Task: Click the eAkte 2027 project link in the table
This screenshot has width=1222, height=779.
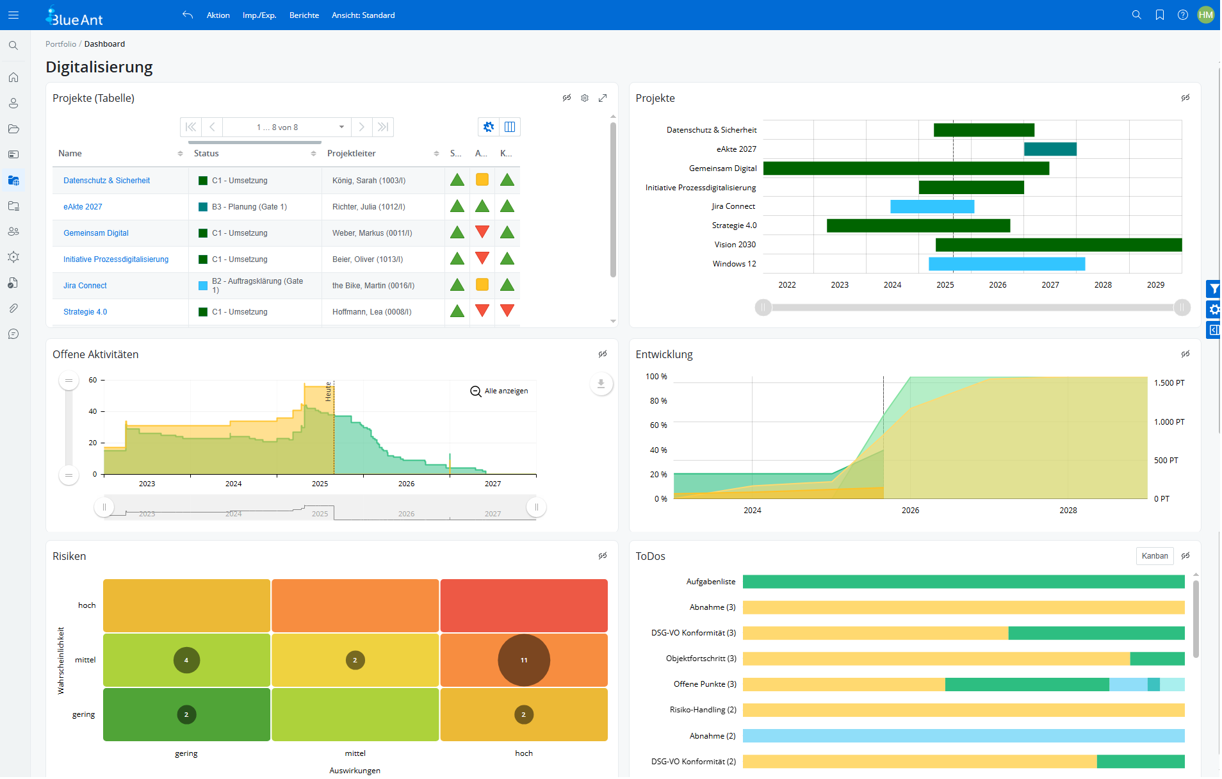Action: point(83,207)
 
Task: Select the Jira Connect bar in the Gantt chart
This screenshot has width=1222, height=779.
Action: point(932,207)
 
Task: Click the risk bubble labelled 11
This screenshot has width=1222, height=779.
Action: point(523,660)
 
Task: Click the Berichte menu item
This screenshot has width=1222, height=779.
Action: point(304,15)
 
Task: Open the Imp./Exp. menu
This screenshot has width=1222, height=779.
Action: point(259,15)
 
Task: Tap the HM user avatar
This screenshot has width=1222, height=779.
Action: point(1205,15)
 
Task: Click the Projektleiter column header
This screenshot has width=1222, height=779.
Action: point(352,154)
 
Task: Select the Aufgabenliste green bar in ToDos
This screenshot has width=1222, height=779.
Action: point(963,582)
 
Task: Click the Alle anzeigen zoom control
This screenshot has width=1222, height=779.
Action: point(500,391)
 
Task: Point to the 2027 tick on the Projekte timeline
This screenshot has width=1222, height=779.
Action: point(1050,285)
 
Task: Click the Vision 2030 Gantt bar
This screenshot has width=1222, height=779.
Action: point(1058,245)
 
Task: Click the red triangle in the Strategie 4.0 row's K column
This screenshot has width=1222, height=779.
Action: point(507,311)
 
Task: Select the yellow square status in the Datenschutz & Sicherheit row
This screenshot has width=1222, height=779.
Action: point(482,180)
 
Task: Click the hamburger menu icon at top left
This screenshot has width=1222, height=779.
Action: point(13,15)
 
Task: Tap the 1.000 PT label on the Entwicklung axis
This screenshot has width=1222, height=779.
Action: point(1169,422)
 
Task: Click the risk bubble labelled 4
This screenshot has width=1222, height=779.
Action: point(186,660)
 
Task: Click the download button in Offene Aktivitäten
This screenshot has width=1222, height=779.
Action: point(601,384)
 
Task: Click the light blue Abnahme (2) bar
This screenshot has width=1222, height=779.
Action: point(963,736)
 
